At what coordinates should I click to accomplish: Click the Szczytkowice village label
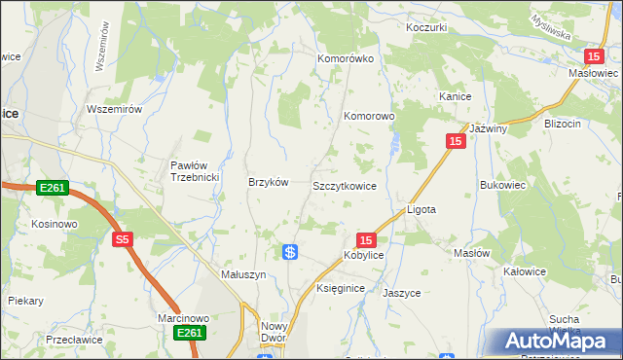click(x=344, y=185)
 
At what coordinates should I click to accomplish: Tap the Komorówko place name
click(x=346, y=58)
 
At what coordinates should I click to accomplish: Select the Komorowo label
click(x=369, y=116)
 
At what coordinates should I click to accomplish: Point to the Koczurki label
click(x=426, y=27)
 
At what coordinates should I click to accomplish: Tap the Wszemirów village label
click(x=115, y=109)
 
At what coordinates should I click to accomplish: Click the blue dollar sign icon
click(x=290, y=252)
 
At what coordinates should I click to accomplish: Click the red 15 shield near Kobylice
click(x=366, y=239)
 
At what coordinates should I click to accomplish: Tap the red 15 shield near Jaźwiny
click(x=456, y=141)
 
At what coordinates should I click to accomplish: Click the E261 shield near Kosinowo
click(x=54, y=187)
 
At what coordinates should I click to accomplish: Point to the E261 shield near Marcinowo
click(x=190, y=333)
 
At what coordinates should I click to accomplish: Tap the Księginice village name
click(x=341, y=289)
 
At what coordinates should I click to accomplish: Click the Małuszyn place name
click(x=243, y=275)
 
